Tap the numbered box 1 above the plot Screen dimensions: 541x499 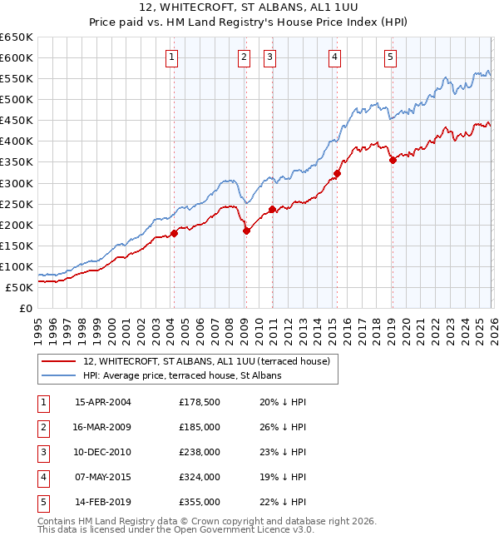click(171, 57)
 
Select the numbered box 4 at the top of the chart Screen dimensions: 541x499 click(333, 57)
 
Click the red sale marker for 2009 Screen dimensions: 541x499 click(246, 231)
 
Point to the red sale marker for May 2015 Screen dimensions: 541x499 click(337, 173)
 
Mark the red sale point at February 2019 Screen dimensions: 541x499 click(393, 160)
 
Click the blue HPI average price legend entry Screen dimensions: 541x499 click(182, 375)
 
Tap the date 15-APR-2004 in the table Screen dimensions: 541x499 click(103, 402)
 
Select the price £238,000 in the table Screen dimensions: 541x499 click(200, 452)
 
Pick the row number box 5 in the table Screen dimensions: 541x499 click(42, 502)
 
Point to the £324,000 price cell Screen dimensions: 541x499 click(200, 477)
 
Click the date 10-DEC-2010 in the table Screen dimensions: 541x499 click(103, 452)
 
